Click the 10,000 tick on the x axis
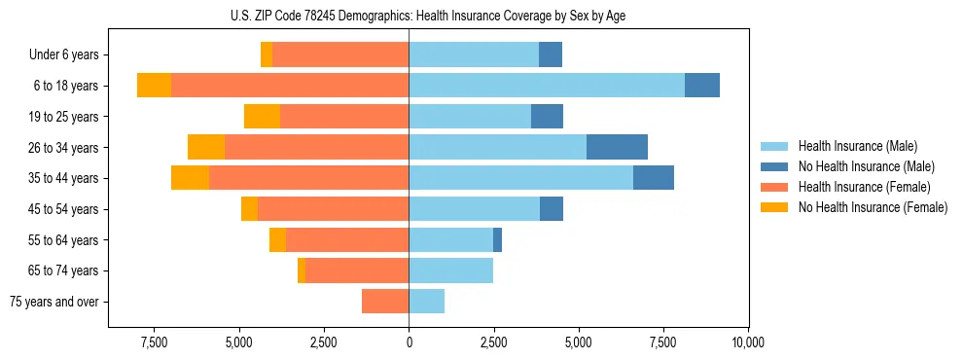(x=747, y=342)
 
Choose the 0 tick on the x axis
(x=409, y=342)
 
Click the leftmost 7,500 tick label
(x=154, y=342)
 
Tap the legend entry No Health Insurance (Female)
(x=872, y=207)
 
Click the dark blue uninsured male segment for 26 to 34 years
(x=617, y=147)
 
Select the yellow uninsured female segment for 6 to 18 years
(x=154, y=86)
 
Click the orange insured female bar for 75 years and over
(x=385, y=302)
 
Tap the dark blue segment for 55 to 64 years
(x=497, y=239)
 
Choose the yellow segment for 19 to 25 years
(x=262, y=117)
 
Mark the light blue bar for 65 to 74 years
(x=450, y=270)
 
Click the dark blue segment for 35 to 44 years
(x=654, y=178)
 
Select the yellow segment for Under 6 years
(x=267, y=55)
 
